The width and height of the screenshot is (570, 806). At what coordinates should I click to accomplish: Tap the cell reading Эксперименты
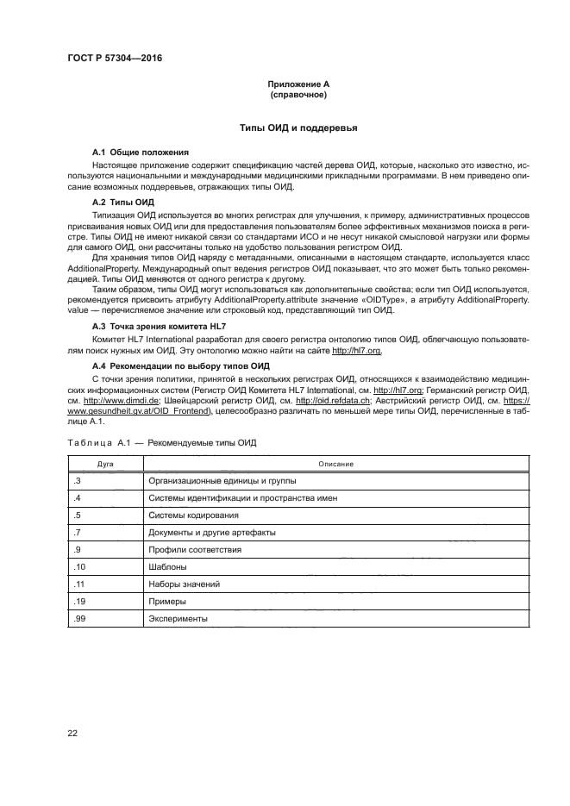click(x=179, y=619)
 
